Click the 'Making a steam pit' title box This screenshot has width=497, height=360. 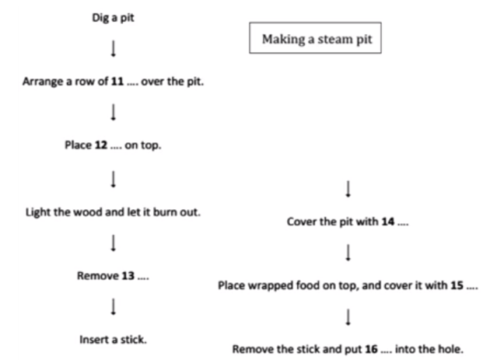(x=315, y=41)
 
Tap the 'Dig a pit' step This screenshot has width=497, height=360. (x=114, y=19)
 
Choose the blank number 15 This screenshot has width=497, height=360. (x=452, y=286)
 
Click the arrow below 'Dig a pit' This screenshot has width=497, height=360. (x=114, y=50)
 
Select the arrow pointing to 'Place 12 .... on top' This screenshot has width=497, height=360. (x=114, y=113)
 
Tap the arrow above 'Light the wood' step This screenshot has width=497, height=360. (x=114, y=178)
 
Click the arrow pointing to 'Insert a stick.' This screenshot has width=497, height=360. (x=114, y=307)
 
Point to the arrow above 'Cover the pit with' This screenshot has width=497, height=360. (x=347, y=189)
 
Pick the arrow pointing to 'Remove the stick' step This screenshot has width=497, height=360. (x=347, y=318)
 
